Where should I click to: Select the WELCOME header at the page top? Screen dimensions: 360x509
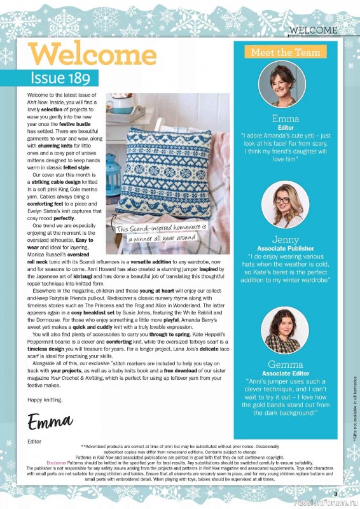click(x=312, y=30)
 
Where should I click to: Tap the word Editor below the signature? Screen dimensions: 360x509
click(x=34, y=440)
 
